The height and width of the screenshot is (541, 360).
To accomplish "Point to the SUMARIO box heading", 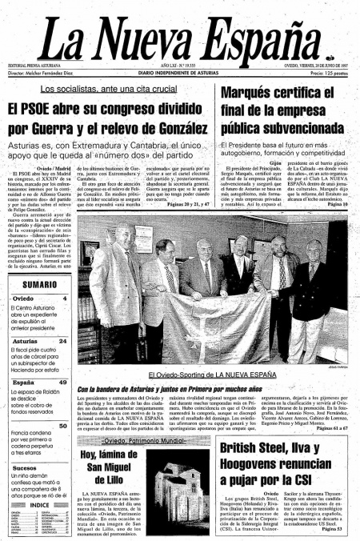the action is pos(39,286).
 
